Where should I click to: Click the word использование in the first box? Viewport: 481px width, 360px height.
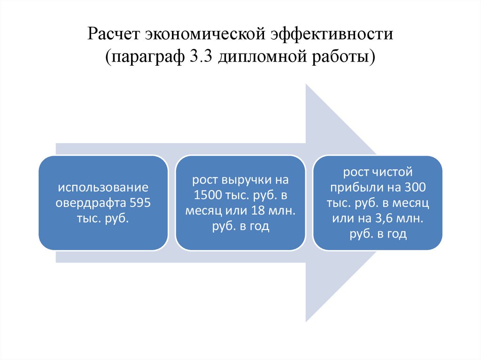coord(103,188)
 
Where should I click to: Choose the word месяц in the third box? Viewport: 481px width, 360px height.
coord(413,203)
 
